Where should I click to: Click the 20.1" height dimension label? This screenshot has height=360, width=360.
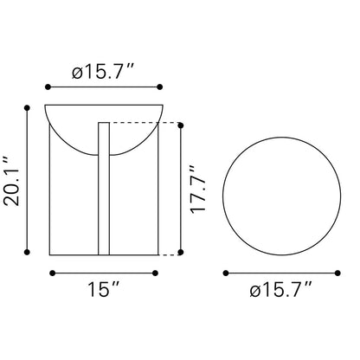[x=12, y=182]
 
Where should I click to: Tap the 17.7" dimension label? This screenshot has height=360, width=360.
[x=198, y=190]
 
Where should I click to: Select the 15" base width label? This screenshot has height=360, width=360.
[x=103, y=289]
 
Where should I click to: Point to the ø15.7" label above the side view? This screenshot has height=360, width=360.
[x=103, y=71]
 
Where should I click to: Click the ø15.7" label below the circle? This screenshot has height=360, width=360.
[x=281, y=290]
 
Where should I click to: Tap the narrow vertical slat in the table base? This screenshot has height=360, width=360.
[x=104, y=189]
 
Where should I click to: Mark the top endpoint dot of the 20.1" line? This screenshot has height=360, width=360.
[x=27, y=108]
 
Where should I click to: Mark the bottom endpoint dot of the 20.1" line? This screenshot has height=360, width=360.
[x=27, y=252]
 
